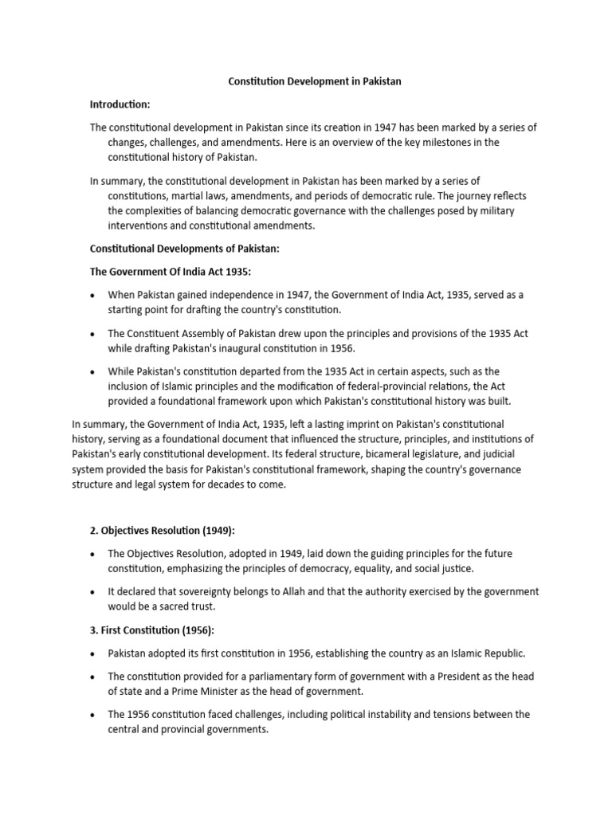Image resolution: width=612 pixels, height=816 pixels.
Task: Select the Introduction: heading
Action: (x=120, y=105)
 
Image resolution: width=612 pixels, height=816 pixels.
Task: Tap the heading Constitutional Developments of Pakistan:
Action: (x=184, y=249)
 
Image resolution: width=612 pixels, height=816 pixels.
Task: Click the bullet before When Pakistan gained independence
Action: (x=93, y=295)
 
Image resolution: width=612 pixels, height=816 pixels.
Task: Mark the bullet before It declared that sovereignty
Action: (x=93, y=591)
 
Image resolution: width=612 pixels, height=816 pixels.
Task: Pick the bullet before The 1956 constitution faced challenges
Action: (x=93, y=714)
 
